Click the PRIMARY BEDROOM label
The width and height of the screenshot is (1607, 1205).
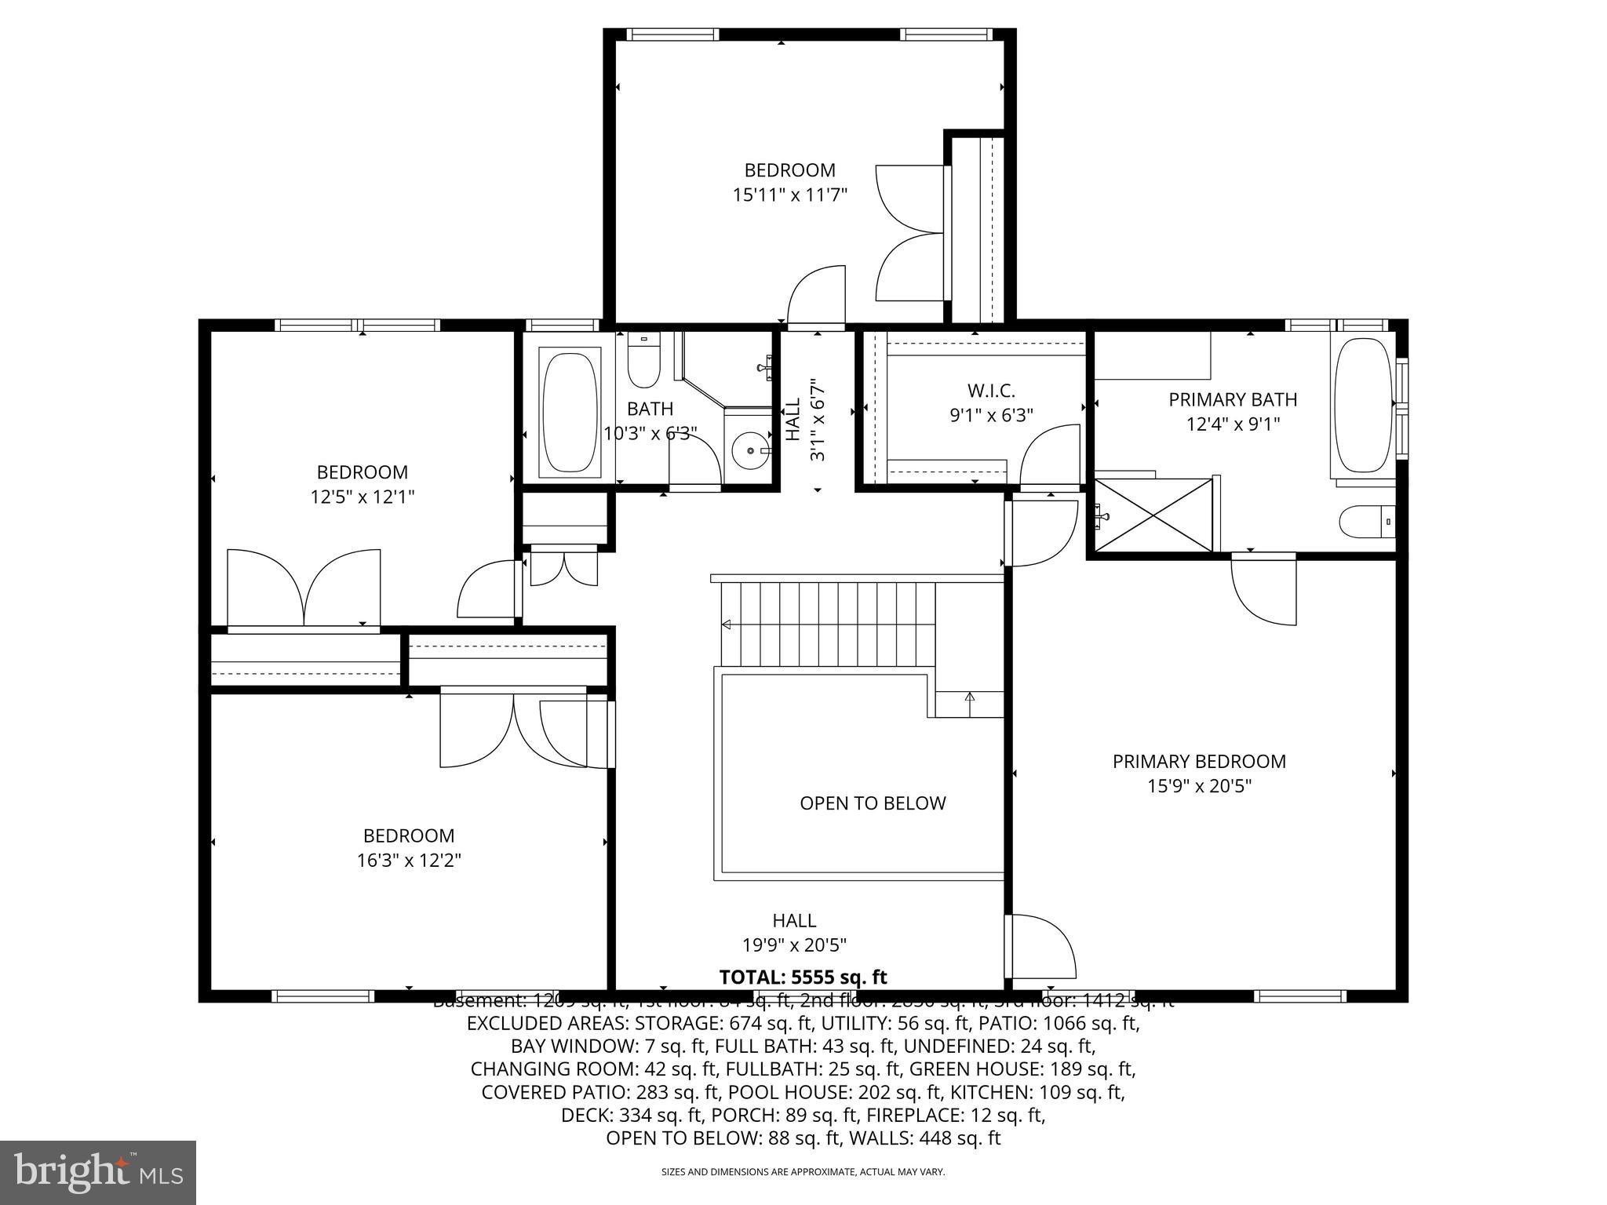click(x=1199, y=761)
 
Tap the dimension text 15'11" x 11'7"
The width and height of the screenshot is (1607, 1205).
click(x=790, y=195)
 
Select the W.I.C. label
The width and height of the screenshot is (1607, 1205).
click(x=991, y=390)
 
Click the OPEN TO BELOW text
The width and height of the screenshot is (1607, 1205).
click(x=873, y=803)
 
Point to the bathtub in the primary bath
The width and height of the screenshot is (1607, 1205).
click(x=1363, y=406)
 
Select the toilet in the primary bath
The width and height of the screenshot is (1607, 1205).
click(x=1366, y=522)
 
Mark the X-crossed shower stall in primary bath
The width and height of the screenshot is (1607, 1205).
click(x=1153, y=515)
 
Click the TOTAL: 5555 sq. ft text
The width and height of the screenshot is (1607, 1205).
click(x=803, y=977)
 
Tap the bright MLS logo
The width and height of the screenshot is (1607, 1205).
click(x=98, y=1172)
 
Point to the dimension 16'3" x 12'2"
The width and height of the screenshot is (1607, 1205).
click(x=408, y=861)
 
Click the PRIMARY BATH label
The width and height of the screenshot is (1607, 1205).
click(x=1233, y=399)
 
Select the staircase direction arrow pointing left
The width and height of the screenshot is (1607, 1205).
click(x=727, y=624)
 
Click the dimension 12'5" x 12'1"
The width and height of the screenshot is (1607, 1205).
click(x=362, y=497)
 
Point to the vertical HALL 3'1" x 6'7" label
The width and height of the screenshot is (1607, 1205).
click(x=806, y=420)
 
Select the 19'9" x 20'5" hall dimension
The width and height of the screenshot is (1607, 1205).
click(x=794, y=945)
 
